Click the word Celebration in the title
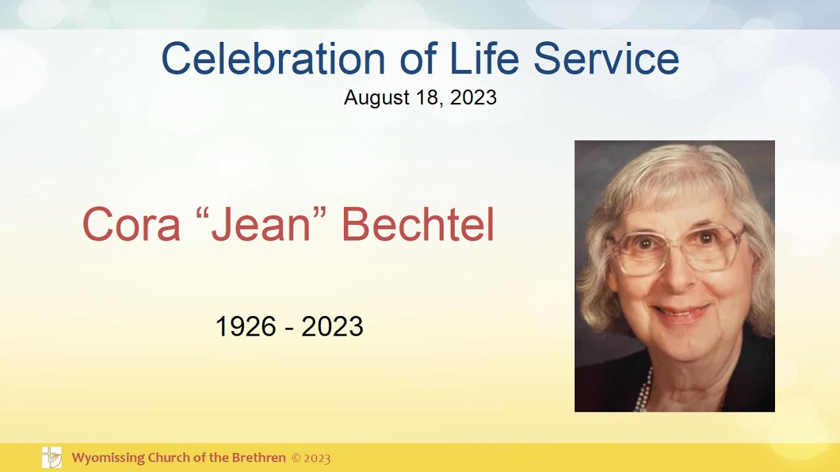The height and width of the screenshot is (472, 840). click(x=273, y=58)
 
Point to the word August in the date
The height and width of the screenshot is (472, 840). click(x=376, y=98)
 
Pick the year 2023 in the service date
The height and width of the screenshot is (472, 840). click(x=473, y=98)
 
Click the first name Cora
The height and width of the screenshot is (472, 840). click(x=131, y=225)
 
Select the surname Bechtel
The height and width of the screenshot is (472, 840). click(x=417, y=225)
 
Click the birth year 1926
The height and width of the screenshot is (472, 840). click(x=246, y=326)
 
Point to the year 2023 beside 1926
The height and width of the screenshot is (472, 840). click(x=332, y=326)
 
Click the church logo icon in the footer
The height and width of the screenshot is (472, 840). click(x=52, y=457)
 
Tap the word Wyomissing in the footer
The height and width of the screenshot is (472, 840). click(x=106, y=458)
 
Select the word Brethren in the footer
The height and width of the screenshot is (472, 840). click(x=259, y=458)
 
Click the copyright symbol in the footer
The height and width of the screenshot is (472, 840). click(x=296, y=458)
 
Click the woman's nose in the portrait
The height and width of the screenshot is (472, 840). click(x=678, y=275)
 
